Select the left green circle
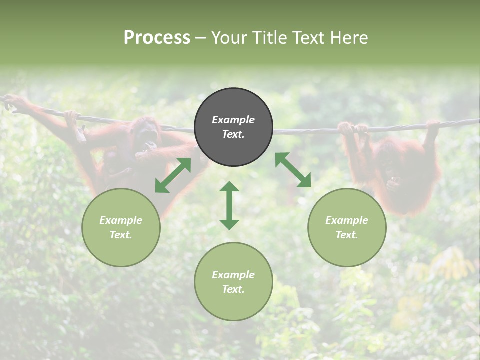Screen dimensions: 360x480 [121, 227]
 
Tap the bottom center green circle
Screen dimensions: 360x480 [233, 281]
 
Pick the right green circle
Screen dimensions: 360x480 [346, 227]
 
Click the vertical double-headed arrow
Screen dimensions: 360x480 [229, 205]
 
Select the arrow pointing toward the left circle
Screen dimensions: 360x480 [173, 175]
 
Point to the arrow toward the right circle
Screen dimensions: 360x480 [293, 170]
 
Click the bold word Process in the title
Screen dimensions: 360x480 [157, 38]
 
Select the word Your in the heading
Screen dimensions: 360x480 [227, 38]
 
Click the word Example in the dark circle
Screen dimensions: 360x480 [233, 120]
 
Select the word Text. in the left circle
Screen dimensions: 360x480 [121, 235]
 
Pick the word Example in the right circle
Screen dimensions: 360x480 [346, 220]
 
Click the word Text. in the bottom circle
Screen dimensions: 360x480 [233, 289]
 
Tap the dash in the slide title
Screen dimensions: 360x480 [201, 38]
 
